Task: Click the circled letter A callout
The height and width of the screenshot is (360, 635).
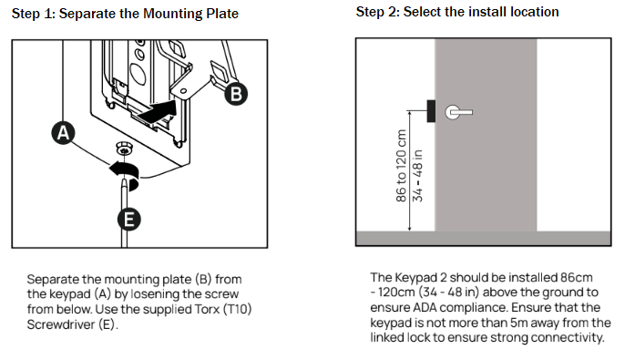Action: coord(63,132)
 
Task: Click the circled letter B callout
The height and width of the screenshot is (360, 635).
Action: coord(236,94)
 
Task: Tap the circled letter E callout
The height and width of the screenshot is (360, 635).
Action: coord(129,220)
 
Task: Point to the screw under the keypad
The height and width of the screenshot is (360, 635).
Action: coord(125,149)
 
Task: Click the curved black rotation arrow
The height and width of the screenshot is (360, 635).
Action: coord(126,171)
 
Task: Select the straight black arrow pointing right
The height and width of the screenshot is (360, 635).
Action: coord(157,111)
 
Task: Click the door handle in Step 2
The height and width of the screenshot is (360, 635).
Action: coord(458,112)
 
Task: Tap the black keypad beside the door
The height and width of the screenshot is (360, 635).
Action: coord(431,111)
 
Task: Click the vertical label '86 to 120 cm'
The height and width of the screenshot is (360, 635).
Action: coord(401,166)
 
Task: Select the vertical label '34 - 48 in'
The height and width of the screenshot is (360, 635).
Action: coord(417,176)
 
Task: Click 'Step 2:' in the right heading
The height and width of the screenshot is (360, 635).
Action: coord(378,12)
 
